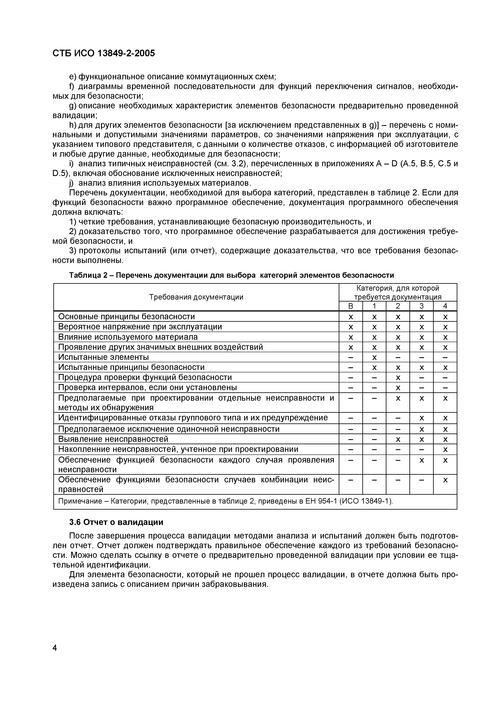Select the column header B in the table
point(350,306)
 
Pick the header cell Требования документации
point(196,297)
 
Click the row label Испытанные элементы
point(103,357)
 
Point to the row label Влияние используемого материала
point(128,337)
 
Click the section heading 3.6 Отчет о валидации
point(116,522)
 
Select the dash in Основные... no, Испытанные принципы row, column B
point(350,368)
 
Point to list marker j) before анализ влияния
point(71,183)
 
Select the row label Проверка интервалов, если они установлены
point(148,387)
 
